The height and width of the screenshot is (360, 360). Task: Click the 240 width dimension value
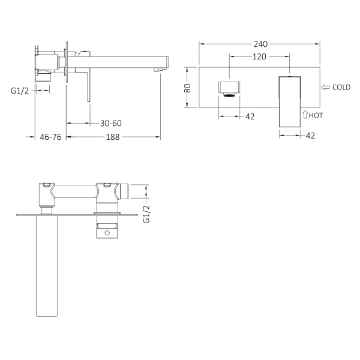click(x=260, y=44)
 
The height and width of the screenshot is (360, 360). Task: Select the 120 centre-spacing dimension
click(x=260, y=56)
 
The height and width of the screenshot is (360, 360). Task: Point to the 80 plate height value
click(x=188, y=87)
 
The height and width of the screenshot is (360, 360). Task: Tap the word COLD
click(x=341, y=88)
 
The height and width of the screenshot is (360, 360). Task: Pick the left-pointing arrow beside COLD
click(x=326, y=88)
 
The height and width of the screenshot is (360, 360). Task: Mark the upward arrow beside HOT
click(x=305, y=114)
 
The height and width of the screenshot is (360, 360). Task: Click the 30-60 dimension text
click(x=112, y=123)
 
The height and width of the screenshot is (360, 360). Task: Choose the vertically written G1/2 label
click(x=146, y=214)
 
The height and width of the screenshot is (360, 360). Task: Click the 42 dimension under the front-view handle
click(x=310, y=136)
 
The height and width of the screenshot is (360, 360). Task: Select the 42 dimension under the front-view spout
click(x=250, y=116)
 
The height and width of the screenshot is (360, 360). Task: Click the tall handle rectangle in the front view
click(x=289, y=100)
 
